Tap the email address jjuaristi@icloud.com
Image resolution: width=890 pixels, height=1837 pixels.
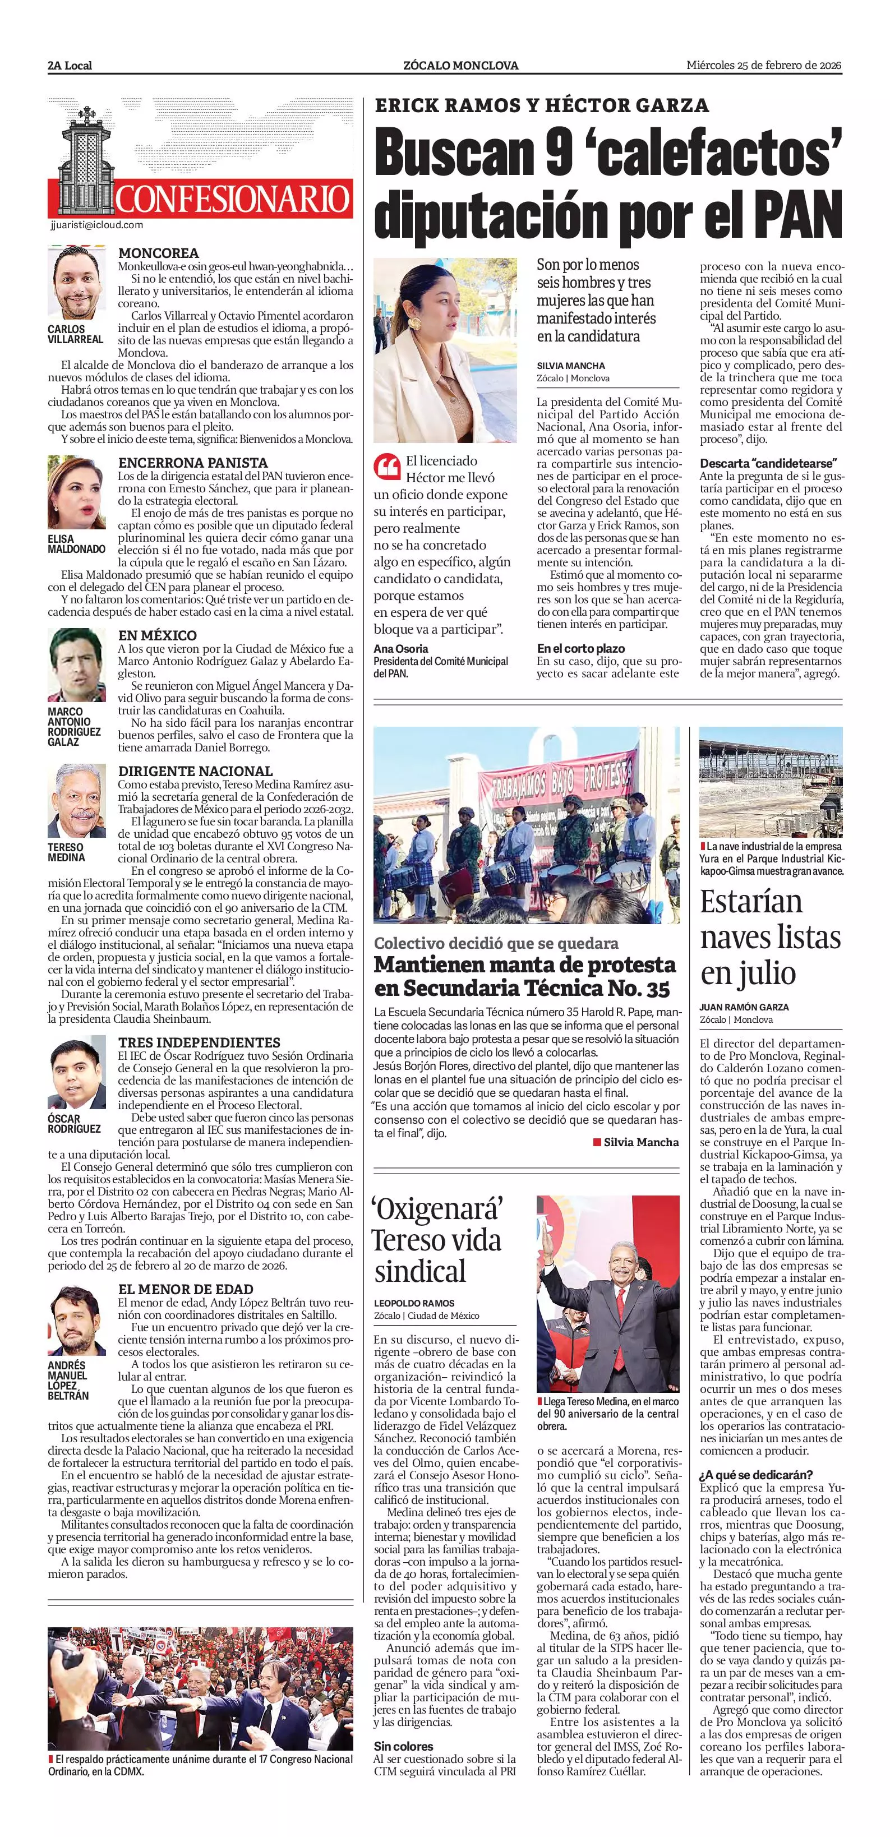[x=97, y=225]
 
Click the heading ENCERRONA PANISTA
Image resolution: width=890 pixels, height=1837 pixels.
[x=192, y=462]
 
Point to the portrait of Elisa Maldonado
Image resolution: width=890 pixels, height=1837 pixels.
[x=76, y=492]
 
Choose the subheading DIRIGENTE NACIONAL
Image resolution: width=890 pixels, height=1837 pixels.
[x=195, y=771]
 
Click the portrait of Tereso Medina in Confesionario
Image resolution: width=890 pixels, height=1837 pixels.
[x=76, y=801]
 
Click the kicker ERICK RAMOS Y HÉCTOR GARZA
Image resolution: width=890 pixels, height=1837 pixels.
[x=541, y=105]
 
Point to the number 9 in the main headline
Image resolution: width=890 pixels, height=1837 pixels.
[x=557, y=153]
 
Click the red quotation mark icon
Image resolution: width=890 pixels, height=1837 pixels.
[x=386, y=468]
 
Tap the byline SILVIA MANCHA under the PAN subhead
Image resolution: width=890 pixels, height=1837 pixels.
[x=570, y=365]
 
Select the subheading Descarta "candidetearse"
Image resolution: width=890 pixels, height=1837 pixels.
[x=767, y=463]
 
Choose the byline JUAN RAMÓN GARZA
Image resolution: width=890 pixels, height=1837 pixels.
[x=744, y=1007]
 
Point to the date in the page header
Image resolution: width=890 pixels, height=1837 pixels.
[x=764, y=65]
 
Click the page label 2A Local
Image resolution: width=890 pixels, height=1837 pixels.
[x=70, y=66]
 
